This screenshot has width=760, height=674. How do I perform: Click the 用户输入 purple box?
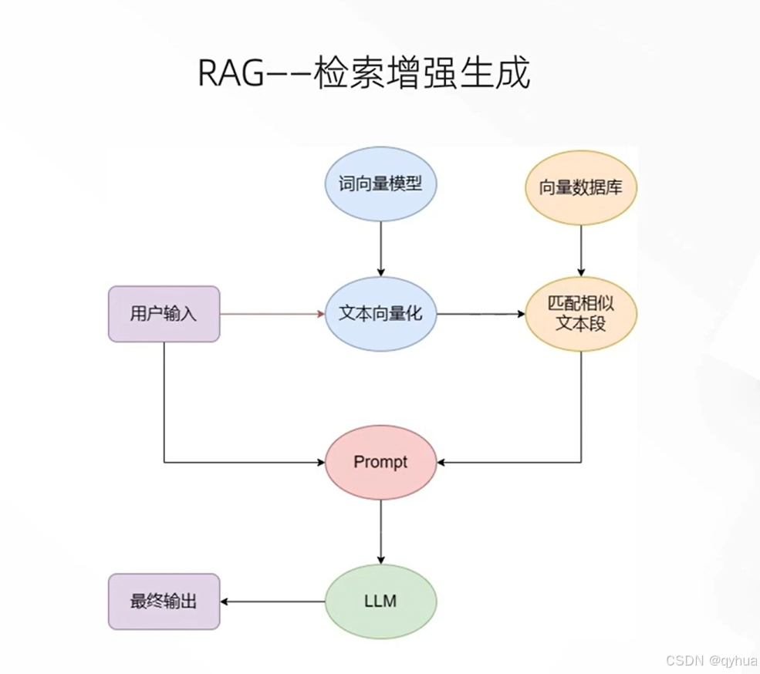164,314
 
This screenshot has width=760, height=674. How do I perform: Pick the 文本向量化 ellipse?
380,314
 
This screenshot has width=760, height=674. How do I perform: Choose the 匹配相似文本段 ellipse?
581,314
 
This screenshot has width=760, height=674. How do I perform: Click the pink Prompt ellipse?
380,462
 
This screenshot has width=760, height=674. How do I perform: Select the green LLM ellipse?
380,601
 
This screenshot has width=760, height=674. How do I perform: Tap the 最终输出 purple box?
164,601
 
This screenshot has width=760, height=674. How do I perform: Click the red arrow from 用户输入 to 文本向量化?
270,314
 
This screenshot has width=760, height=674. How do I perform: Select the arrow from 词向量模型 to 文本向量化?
380,247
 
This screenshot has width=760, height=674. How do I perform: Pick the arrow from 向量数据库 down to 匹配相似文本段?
581,251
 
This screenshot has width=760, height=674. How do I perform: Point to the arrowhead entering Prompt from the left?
319,463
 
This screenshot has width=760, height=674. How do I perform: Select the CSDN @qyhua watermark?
710,662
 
